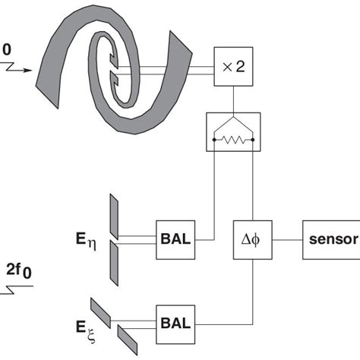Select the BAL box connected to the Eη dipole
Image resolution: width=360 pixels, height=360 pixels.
(x=175, y=240)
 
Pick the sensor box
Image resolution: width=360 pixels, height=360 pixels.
(x=330, y=240)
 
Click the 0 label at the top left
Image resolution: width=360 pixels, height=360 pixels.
(x=7, y=49)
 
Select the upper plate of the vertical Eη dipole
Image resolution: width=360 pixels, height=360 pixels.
(x=113, y=216)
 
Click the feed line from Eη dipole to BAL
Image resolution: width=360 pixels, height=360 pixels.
(x=137, y=240)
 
